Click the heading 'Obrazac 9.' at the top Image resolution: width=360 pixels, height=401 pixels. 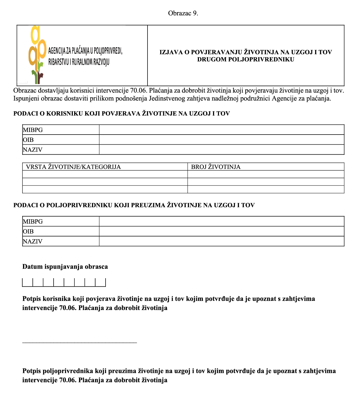click(183, 13)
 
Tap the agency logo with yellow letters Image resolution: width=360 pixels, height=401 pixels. click(37, 54)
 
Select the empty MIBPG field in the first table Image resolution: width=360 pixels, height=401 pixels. click(221, 130)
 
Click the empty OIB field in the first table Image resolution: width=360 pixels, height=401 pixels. click(221, 140)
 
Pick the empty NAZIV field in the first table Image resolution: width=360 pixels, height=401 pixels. click(221, 150)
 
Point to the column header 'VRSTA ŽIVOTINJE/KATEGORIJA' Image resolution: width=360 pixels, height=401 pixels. click(73, 167)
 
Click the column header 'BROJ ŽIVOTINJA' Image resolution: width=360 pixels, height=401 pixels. click(216, 167)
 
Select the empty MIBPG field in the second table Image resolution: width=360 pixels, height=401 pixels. click(221, 221)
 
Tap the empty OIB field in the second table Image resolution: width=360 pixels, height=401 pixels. click(221, 231)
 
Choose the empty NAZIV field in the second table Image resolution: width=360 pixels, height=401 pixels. click(221, 241)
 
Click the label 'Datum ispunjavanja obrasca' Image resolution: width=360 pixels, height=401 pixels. click(65, 266)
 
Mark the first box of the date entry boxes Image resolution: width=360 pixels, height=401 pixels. click(27, 282)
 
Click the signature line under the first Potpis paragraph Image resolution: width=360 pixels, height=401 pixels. click(80, 343)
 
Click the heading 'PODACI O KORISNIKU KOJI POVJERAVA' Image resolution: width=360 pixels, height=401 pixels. click(122, 113)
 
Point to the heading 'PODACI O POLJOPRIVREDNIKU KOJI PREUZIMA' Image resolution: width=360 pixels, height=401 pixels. click(134, 205)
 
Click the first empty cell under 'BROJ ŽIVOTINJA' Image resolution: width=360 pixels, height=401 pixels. click(266, 174)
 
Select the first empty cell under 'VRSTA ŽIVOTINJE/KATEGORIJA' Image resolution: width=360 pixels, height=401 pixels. click(105, 174)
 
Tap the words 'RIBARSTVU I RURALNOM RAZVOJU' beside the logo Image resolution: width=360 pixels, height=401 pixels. click(79, 62)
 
